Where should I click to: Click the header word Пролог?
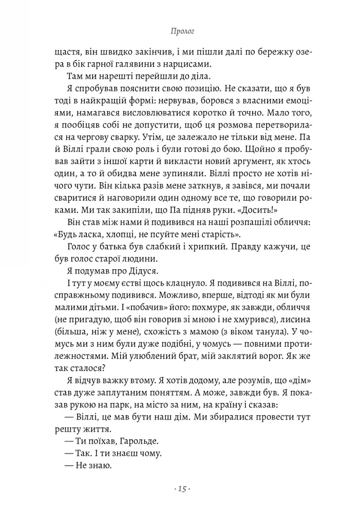(180, 32)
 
